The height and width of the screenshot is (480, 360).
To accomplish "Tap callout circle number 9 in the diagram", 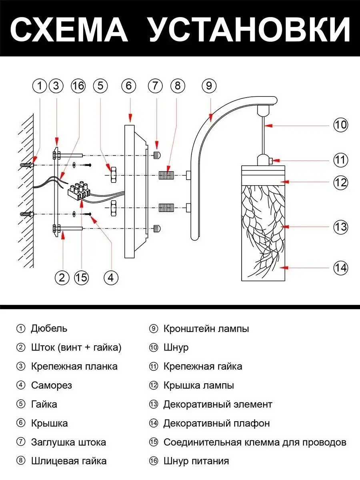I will point(209,86).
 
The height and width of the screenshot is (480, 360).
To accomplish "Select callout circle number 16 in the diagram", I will point(78,86).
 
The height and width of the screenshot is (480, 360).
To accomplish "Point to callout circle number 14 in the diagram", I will point(341,267).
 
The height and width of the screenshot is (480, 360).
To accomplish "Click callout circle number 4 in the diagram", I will point(111,277).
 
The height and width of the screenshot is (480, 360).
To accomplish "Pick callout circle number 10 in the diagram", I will point(341,125).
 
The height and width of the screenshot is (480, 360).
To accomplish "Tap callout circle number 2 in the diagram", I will point(62,277).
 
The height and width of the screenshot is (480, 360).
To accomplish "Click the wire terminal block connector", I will point(78,190).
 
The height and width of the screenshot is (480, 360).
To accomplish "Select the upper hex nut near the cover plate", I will point(112,175).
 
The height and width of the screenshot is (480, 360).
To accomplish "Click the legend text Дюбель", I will point(49,329).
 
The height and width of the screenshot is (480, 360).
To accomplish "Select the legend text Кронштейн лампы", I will point(206,329).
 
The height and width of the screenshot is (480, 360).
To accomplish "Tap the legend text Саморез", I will point(52,386).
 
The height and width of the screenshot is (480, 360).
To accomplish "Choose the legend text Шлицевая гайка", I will point(69,461).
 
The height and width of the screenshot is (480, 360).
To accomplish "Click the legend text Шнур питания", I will point(196,461).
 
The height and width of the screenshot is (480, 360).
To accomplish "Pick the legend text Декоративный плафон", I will point(216,423).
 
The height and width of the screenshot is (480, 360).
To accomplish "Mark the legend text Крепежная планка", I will point(74,366).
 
